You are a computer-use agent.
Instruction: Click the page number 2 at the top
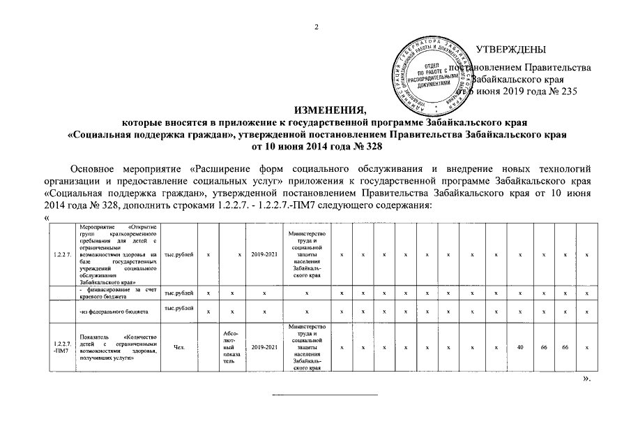click(316, 27)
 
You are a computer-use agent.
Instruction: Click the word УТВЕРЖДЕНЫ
click(510, 49)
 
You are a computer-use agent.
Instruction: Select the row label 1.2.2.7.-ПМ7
click(61, 346)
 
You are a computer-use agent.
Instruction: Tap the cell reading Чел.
click(179, 347)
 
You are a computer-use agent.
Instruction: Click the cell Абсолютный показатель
click(231, 347)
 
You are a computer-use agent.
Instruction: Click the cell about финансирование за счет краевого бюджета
click(119, 293)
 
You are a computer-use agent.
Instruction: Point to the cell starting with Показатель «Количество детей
click(119, 347)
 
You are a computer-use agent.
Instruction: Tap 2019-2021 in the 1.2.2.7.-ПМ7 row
click(265, 347)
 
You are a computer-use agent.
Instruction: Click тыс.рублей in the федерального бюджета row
click(179, 308)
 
